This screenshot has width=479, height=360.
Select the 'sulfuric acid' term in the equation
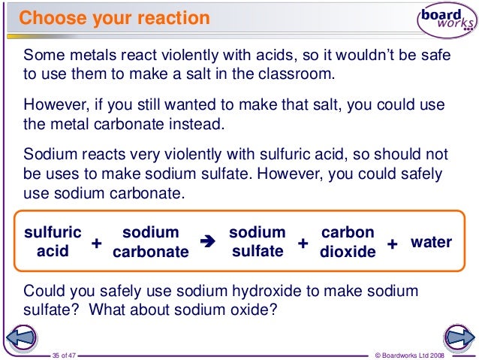click(x=53, y=241)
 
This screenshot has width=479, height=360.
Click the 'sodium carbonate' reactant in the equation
click(x=150, y=242)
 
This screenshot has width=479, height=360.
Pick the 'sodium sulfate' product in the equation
click(x=257, y=241)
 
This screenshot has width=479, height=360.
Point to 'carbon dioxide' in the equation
click(x=347, y=242)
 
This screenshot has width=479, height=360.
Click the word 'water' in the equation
click(x=431, y=242)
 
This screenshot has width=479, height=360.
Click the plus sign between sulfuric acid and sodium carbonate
click(x=96, y=245)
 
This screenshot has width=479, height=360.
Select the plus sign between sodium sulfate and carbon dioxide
click(x=303, y=244)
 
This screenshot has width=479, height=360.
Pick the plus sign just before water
click(x=392, y=245)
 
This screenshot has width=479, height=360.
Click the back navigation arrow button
click(x=22, y=338)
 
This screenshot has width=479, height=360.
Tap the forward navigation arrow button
click(x=456, y=338)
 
